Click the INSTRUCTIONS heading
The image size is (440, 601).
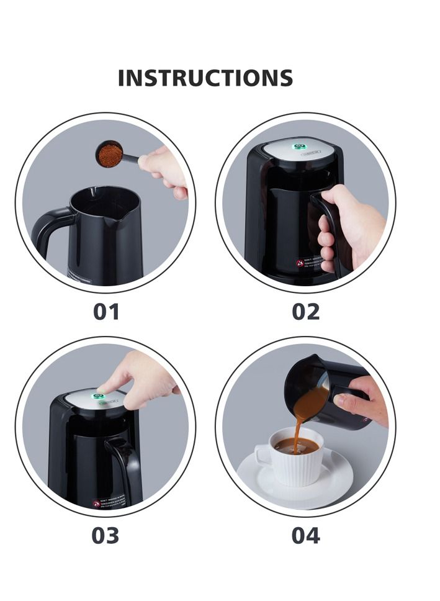[205, 78]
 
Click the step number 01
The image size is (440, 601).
[106, 311]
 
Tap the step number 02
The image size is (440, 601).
[305, 311]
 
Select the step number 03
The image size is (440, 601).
[105, 535]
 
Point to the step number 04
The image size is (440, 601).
[305, 535]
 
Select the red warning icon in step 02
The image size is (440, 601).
[300, 263]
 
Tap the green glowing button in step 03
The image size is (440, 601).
[97, 396]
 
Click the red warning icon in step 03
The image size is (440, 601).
[96, 504]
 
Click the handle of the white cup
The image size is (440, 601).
[263, 456]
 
